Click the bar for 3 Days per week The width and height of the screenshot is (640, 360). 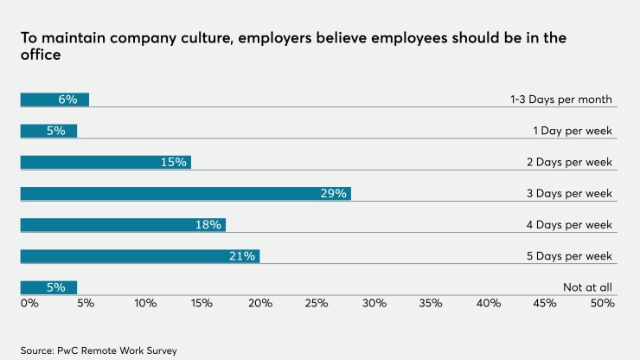point(185,193)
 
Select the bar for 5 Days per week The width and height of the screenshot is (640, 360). point(139,256)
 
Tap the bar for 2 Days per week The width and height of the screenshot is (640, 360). point(105,162)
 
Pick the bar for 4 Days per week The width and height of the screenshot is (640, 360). point(122,225)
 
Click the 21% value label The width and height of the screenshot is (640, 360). point(242,256)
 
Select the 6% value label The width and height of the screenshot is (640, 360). point(67,100)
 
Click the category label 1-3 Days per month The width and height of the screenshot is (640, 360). point(560,100)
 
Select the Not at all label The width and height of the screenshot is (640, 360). point(587,287)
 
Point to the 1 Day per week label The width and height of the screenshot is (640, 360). point(573,131)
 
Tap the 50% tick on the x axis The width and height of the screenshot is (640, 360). point(602,304)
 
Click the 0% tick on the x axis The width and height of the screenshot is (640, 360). point(29,304)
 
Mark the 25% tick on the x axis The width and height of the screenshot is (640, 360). point(316,304)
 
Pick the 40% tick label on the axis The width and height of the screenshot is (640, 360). point(488,304)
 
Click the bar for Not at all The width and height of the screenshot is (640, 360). point(48,287)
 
